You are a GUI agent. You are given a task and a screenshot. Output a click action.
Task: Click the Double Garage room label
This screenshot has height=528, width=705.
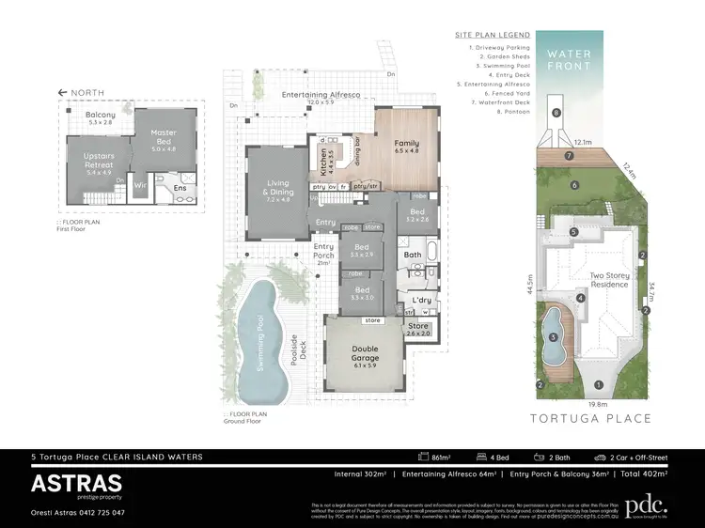point(366,353)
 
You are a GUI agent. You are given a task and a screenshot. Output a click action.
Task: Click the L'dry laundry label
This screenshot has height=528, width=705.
point(419,301)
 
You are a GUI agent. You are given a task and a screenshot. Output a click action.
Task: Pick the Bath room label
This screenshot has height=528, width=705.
point(413,254)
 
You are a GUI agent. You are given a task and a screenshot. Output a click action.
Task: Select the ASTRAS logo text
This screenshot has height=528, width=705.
point(76,483)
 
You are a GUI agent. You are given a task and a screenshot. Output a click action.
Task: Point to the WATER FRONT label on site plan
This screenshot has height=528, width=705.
point(570,61)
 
